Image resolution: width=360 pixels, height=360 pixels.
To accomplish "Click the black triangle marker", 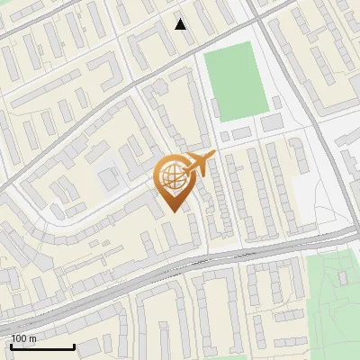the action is [x=181, y=23].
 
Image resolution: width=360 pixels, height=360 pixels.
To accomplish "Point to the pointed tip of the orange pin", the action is [x=175, y=211].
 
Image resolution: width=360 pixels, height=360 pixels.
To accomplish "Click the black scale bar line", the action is [x=42, y=346].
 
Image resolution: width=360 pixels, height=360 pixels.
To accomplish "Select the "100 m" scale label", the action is [x=23, y=338].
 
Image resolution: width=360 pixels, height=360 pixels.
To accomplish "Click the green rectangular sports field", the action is [x=232, y=81].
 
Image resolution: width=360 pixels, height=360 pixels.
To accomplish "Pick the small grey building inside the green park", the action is [x=342, y=278].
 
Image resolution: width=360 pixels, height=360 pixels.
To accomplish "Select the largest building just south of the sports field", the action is [x=272, y=121].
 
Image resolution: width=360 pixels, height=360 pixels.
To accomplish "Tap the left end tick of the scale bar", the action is [x=12, y=346].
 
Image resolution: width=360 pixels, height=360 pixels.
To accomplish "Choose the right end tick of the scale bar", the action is [x=74, y=346].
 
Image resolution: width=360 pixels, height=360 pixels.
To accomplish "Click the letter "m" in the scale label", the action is [x=32, y=338].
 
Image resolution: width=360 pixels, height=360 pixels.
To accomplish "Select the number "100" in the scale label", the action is [x=19, y=338].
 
